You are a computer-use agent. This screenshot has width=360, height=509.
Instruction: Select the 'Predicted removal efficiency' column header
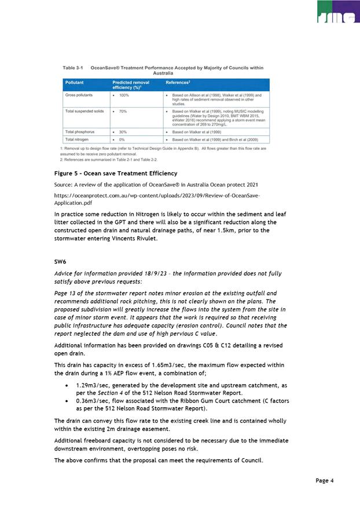(x=131, y=85)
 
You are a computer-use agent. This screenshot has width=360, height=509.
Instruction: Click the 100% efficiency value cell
(x=124, y=95)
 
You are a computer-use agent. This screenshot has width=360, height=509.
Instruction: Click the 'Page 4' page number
(x=324, y=481)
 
